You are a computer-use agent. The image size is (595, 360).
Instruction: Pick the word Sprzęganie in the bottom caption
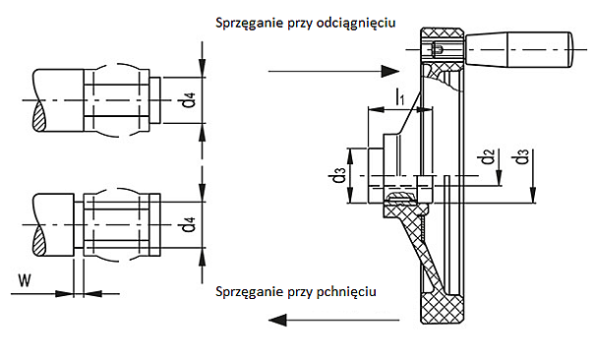(246, 292)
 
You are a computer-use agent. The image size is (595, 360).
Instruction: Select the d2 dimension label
(486, 156)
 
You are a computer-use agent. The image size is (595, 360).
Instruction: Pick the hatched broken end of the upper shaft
(38, 115)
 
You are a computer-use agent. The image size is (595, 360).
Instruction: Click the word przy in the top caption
(297, 22)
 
